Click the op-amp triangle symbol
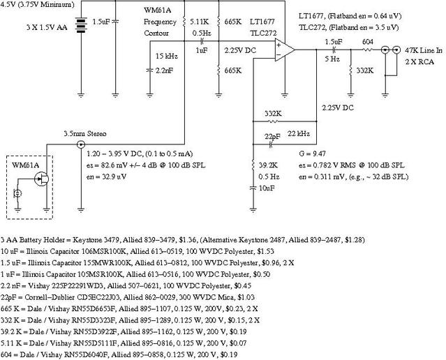285,50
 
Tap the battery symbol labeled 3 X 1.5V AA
81,25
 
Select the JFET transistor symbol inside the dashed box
41,179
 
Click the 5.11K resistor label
199,22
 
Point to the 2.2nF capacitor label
164,70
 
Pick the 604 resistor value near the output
368,42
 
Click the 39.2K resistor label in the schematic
268,165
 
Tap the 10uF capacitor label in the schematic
267,188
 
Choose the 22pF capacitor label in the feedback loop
272,137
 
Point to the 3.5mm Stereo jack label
84,134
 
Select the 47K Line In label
424,50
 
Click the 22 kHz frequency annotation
299,134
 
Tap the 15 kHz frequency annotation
167,56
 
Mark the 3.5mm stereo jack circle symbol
81,144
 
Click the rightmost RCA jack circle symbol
396,50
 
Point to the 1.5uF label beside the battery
101,22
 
